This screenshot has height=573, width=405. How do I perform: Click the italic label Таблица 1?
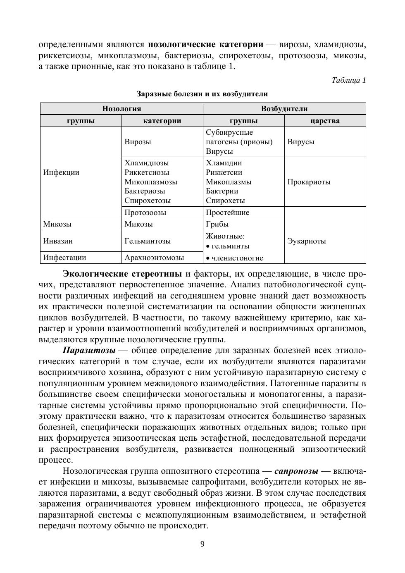(x=348, y=80)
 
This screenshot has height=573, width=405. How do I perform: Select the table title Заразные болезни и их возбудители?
(x=202, y=94)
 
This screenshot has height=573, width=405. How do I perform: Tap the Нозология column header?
(x=121, y=109)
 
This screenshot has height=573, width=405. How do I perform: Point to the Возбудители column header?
(x=284, y=109)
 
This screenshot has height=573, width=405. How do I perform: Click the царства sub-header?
(x=325, y=121)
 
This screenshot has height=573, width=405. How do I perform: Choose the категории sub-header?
(x=162, y=121)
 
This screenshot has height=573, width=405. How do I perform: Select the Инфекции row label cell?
(x=61, y=172)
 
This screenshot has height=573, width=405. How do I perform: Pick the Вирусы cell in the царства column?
(x=301, y=142)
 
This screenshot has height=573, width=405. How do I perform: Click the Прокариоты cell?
(x=309, y=182)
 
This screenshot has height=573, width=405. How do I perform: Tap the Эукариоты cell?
(x=306, y=241)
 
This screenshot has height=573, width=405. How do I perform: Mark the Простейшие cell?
(x=228, y=212)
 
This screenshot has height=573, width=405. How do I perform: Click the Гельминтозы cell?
(x=148, y=241)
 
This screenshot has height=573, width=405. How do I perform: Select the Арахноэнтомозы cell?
(x=154, y=258)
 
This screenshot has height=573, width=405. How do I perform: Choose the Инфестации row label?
(x=64, y=258)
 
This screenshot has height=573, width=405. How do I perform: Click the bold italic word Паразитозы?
(x=89, y=351)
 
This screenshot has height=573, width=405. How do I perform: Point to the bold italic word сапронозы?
(x=296, y=471)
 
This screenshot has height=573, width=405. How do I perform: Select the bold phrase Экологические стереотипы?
(x=122, y=274)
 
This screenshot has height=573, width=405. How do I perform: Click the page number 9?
(x=202, y=544)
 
